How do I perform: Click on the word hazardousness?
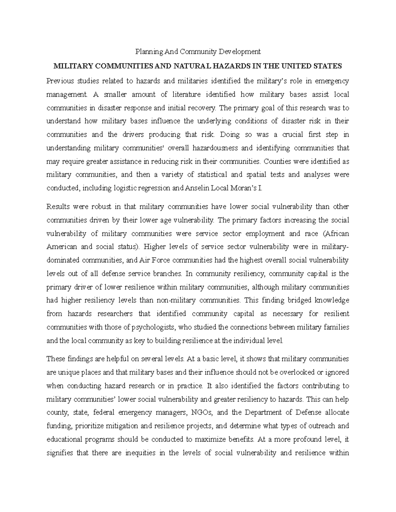click(x=212, y=148)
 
